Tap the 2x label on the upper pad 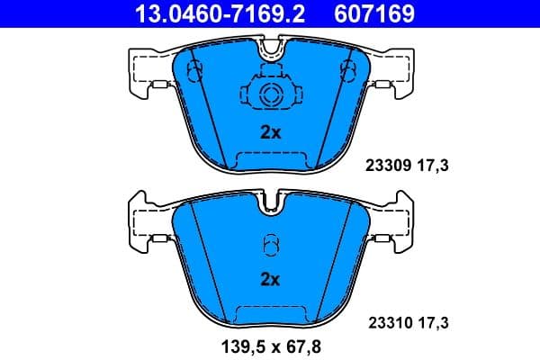[x=270, y=132]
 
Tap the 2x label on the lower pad [x=270, y=279]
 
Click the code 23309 [x=387, y=166]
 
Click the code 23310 [x=387, y=320]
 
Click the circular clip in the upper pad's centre [x=270, y=97]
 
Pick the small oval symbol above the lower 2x [x=270, y=245]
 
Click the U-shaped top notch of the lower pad [x=270, y=204]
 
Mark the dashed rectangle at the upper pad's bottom [x=270, y=159]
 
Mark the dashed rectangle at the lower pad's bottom [x=270, y=313]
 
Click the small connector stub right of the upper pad [x=384, y=86]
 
